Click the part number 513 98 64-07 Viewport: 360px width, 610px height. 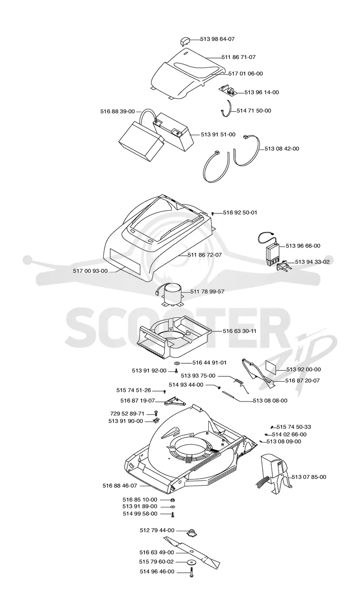pyautogui.click(x=217, y=39)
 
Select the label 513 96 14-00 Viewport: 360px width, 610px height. pyautogui.click(x=261, y=92)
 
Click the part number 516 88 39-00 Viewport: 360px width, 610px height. pyautogui.click(x=117, y=111)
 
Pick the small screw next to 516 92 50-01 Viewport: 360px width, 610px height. pyautogui.click(x=213, y=213)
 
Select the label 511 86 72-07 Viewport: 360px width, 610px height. pyautogui.click(x=205, y=255)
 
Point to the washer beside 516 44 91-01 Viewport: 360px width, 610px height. pyautogui.click(x=177, y=363)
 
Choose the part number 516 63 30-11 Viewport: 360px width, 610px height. pyautogui.click(x=239, y=331)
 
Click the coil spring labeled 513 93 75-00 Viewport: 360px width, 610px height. pyautogui.click(x=241, y=384)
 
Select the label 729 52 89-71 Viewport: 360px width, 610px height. pyautogui.click(x=127, y=413)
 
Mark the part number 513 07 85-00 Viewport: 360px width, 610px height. pyautogui.click(x=309, y=477)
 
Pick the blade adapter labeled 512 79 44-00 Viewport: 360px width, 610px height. pyautogui.click(x=192, y=533)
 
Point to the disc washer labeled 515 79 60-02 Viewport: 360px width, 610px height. pyautogui.click(x=192, y=562)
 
